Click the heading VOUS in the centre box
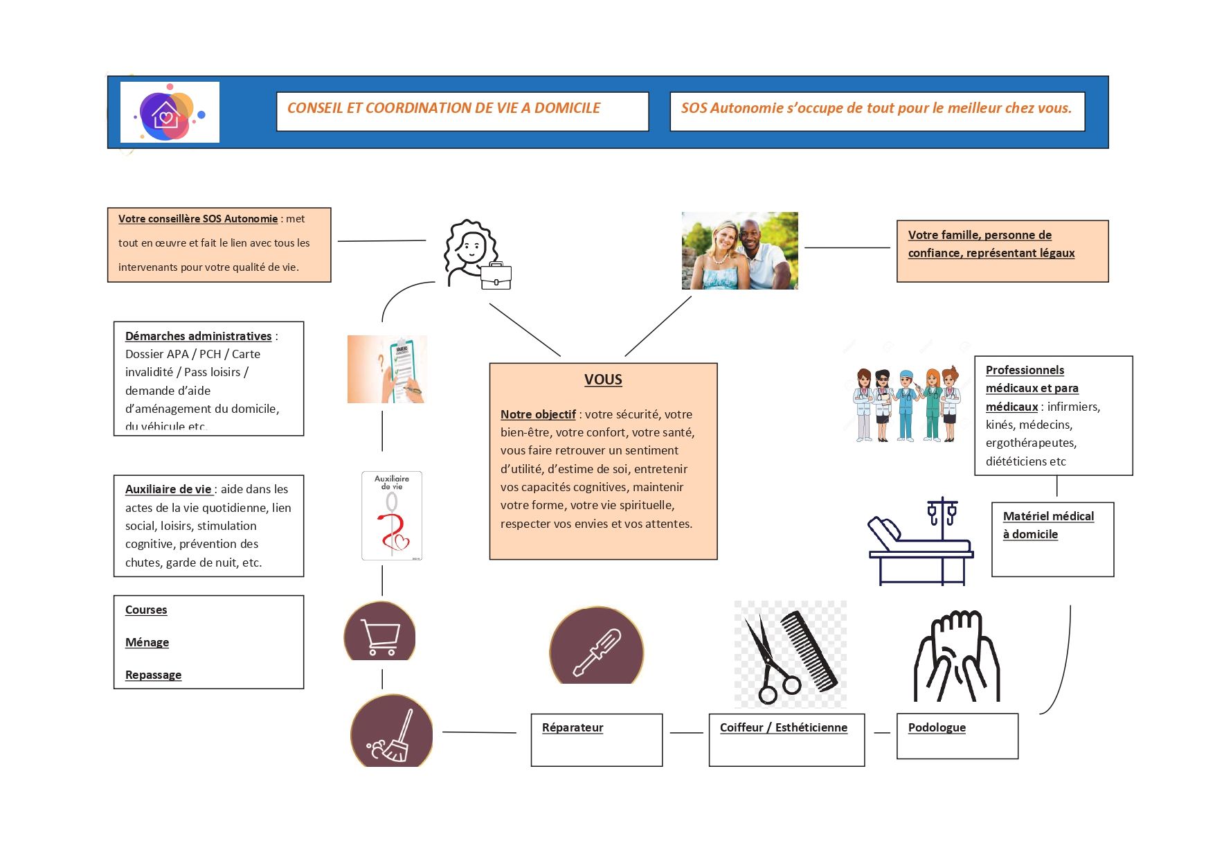pyautogui.click(x=603, y=380)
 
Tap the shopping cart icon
pyautogui.click(x=380, y=637)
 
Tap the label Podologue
pyautogui.click(x=937, y=727)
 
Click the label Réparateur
pyautogui.click(x=573, y=727)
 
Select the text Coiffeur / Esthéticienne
pyautogui.click(x=783, y=727)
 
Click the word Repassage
pyautogui.click(x=153, y=675)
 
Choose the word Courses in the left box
pyautogui.click(x=146, y=610)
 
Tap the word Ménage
pyautogui.click(x=147, y=642)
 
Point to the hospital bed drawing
pyautogui.click(x=920, y=544)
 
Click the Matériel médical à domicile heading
pyautogui.click(x=1048, y=525)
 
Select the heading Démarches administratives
pyautogui.click(x=198, y=336)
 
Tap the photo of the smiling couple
pyautogui.click(x=739, y=251)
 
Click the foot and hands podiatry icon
pyautogui.click(x=957, y=656)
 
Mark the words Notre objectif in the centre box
pyautogui.click(x=538, y=414)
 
